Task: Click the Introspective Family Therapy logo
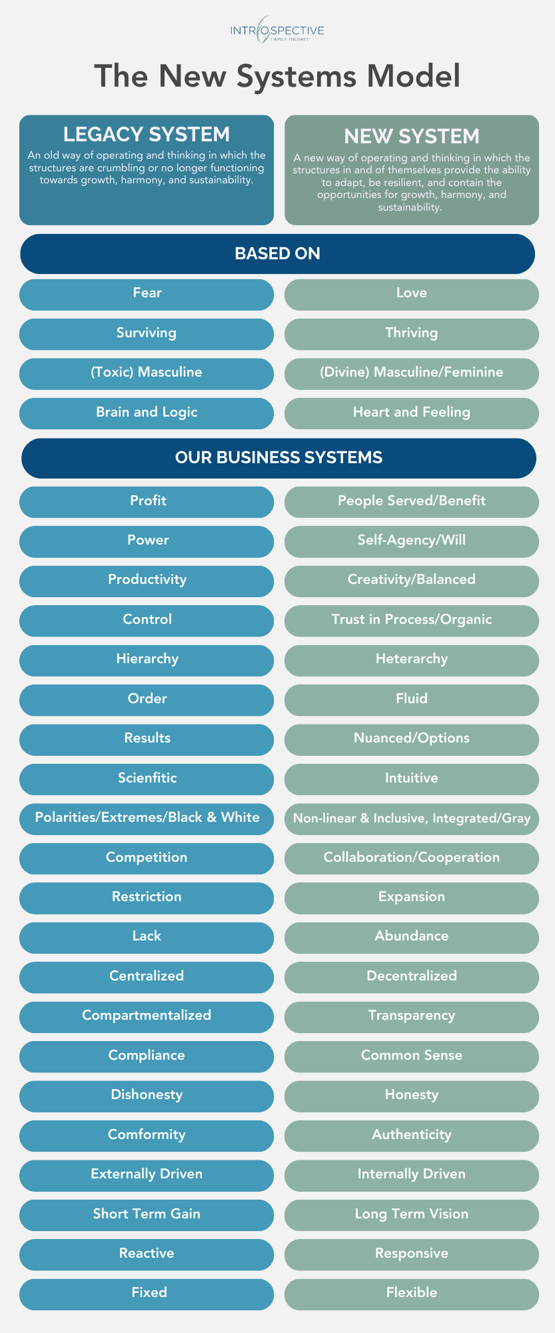coord(277,31)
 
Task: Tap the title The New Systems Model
coord(277,76)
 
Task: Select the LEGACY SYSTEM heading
coord(147,135)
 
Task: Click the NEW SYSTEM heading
coord(412,136)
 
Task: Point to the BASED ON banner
coord(277,254)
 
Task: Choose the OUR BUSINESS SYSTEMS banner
coord(278,458)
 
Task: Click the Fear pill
coord(147,294)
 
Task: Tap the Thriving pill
coord(412,334)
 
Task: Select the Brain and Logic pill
coord(147,413)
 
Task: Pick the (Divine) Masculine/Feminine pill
coord(412,373)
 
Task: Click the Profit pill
coord(147,502)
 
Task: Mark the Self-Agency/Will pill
coord(412,541)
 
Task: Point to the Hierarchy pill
coord(147,660)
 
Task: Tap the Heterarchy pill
coord(412,660)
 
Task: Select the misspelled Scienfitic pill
coord(147,779)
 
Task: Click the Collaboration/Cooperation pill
coord(412,858)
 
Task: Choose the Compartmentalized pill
coord(147,1016)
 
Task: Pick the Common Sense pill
coord(412,1056)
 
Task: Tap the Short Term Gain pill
coord(147,1215)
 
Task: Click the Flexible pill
coord(412,1294)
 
